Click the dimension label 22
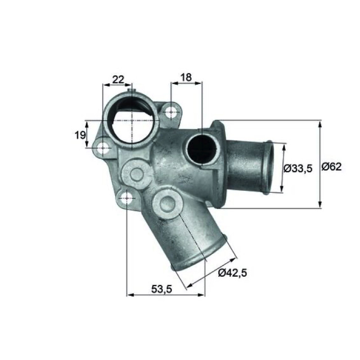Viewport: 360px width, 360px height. tap(118, 80)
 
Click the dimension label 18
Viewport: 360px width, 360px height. tap(186, 77)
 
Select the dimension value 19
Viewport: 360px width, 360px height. tap(80, 135)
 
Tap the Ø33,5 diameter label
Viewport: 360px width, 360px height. tap(298, 169)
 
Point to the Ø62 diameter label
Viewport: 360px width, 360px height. tap(331, 166)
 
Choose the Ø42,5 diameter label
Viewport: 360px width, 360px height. tap(232, 273)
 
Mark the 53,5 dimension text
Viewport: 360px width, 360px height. tap(162, 289)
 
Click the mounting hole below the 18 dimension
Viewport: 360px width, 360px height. tap(171, 112)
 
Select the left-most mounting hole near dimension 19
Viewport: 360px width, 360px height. tap(103, 148)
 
